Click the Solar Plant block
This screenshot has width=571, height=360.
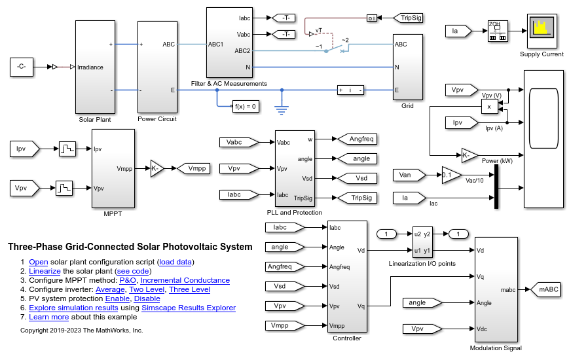(95, 67)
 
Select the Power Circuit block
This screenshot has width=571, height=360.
(157, 67)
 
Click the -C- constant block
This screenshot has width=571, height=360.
(22, 66)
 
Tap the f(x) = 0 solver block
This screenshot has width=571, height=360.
(246, 106)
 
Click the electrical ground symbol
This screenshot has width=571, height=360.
(282, 108)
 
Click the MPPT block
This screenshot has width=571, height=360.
(113, 168)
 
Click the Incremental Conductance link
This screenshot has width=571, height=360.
(185, 280)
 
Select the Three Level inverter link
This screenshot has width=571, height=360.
(190, 289)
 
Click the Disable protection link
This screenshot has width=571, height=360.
(147, 298)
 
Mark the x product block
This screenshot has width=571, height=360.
(488, 107)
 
